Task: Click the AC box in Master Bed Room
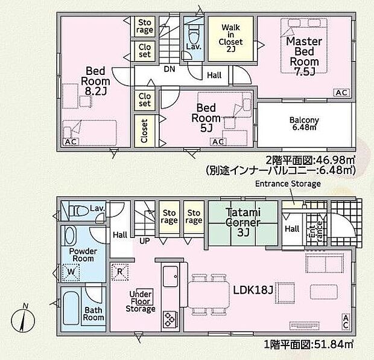tap(341, 92)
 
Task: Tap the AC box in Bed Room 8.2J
tap(69, 141)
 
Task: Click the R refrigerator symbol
tap(119, 271)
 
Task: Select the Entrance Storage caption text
tap(288, 184)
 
